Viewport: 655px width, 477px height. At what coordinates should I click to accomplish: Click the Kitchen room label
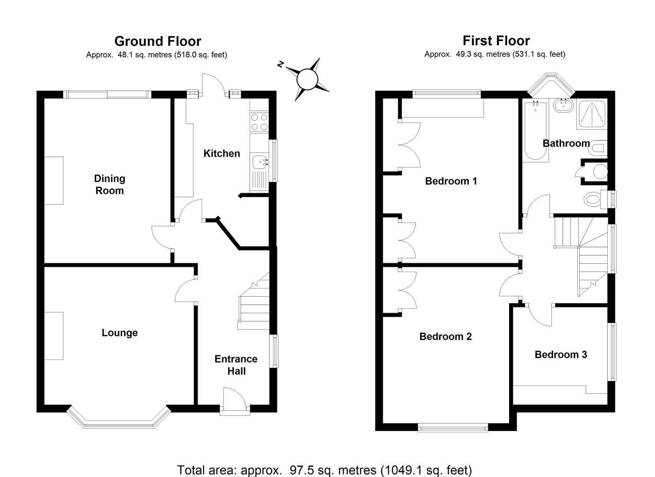point(221,154)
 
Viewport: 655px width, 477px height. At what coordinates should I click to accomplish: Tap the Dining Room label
point(109,185)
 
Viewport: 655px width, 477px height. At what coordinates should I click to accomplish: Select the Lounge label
point(120,333)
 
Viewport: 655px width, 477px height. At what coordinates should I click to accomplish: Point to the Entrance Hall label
point(236,365)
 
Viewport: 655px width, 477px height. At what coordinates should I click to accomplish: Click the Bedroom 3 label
point(561,355)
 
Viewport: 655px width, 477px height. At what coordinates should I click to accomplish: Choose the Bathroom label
point(566,144)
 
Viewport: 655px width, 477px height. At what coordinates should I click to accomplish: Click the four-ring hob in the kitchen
point(259,122)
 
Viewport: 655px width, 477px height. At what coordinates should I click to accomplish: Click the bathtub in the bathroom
point(535,131)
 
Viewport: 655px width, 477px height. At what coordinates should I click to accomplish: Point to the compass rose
point(307,79)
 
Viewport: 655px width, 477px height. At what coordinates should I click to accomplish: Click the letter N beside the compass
point(280,65)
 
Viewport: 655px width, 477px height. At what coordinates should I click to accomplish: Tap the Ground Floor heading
point(157,41)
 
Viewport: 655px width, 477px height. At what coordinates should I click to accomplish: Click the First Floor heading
point(496,41)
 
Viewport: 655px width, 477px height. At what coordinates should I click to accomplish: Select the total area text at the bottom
point(324,470)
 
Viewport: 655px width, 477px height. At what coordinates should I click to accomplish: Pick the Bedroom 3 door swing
point(539,315)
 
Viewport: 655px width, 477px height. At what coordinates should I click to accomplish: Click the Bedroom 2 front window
point(453,427)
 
